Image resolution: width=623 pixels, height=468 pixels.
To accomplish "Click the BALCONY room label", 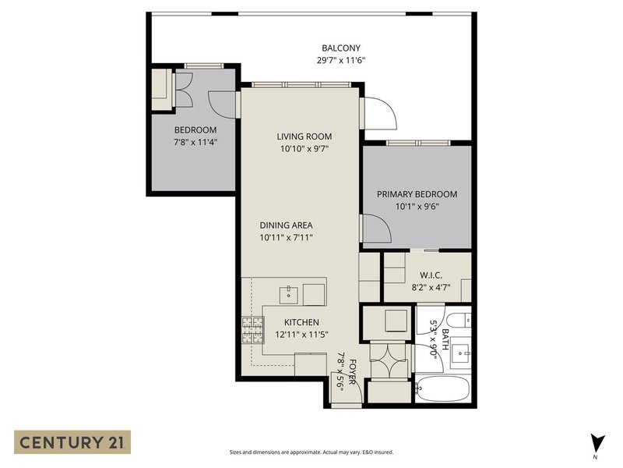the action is (x=341, y=48).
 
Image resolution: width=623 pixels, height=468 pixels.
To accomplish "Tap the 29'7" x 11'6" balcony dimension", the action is (x=341, y=61).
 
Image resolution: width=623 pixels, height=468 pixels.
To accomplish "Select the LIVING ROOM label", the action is (x=304, y=136).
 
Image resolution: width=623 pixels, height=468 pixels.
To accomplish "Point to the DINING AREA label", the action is (x=286, y=225).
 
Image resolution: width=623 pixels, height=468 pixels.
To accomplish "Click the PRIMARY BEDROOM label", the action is (x=417, y=194).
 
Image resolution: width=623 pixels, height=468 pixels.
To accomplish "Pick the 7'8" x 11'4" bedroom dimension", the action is (x=195, y=143).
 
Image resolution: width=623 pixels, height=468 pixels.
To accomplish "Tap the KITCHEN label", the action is (x=301, y=322).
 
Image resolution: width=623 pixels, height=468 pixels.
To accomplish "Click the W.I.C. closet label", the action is (x=431, y=275).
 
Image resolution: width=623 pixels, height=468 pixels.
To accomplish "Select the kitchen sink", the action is (x=289, y=294).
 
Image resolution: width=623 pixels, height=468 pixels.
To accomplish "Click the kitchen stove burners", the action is (x=253, y=330).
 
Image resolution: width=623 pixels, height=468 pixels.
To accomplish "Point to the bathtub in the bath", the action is (x=443, y=389).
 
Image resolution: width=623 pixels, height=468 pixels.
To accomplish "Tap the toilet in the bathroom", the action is (x=458, y=320).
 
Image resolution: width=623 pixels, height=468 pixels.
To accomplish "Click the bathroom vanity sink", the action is (x=461, y=353).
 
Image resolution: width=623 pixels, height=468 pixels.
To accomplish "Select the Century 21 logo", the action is (x=72, y=442).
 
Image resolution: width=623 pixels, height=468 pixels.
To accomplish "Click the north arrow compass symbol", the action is (x=597, y=445).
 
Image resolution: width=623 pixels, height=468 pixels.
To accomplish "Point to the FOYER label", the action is (x=352, y=372).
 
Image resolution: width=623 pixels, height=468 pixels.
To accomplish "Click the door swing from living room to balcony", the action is (x=381, y=113).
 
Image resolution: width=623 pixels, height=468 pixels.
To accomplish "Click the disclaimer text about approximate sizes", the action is (x=311, y=452).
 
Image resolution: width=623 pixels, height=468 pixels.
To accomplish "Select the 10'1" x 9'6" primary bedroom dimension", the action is (x=417, y=207).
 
